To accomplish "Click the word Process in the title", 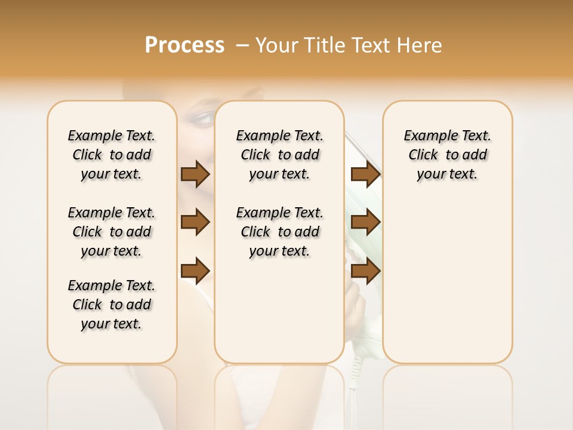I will (x=184, y=45).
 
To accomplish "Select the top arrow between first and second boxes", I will (x=195, y=174).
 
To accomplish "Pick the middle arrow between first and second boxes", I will (x=195, y=222).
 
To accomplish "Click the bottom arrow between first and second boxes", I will (x=195, y=270).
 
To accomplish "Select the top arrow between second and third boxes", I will (x=365, y=174).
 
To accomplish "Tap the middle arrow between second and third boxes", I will (x=365, y=222).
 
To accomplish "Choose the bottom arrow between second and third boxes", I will (x=365, y=270).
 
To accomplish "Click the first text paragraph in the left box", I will (x=112, y=155).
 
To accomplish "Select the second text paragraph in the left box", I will (x=112, y=232).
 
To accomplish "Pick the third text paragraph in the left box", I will (x=112, y=305).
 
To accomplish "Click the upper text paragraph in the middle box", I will (x=279, y=155).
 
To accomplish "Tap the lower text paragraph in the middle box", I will (x=279, y=232).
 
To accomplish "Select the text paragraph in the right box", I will (x=447, y=155).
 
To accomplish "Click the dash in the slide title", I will (x=242, y=45).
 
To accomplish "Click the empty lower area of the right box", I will (x=447, y=281).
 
